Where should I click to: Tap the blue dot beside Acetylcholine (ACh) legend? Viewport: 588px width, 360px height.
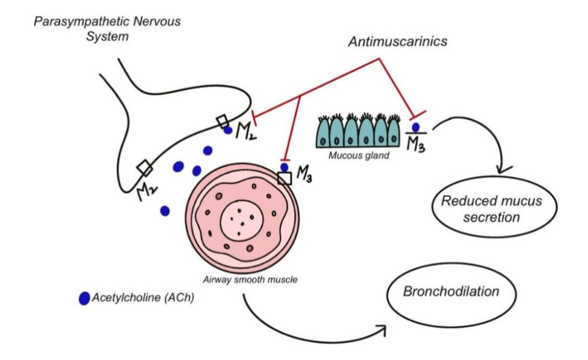click(84, 299)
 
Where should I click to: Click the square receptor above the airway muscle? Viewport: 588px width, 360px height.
click(285, 178)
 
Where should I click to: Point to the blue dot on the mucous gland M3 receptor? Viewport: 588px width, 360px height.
click(416, 127)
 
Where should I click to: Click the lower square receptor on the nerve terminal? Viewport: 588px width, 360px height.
click(144, 167)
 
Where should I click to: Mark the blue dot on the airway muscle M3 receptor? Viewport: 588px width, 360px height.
click(284, 167)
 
